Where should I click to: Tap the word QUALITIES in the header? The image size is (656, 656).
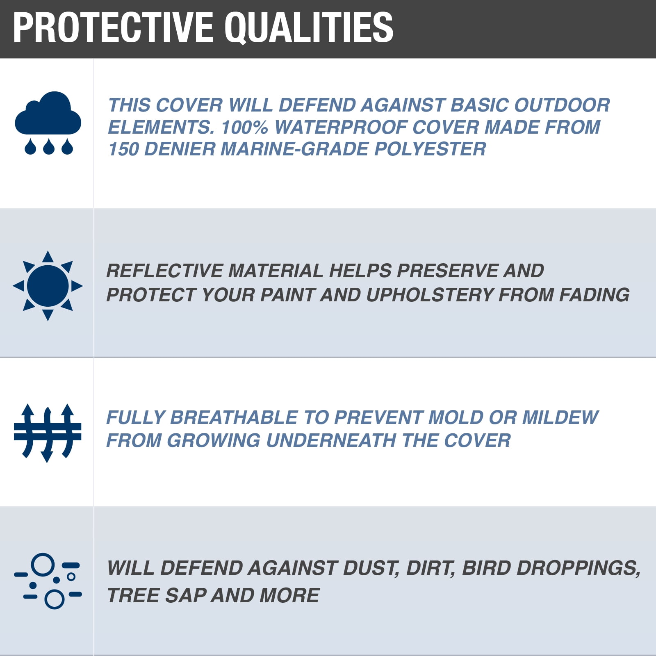tap(309, 28)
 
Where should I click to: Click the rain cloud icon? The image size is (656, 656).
tap(48, 123)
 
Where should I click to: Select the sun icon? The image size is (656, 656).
tap(48, 285)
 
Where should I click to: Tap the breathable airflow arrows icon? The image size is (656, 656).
tap(48, 433)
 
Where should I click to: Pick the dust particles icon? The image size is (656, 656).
tap(48, 581)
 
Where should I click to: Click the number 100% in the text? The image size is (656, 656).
tap(244, 127)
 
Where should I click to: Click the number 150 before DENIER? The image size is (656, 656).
tap(123, 149)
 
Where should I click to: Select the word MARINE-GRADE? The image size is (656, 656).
tap(294, 149)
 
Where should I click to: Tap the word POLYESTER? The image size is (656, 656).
tap(430, 149)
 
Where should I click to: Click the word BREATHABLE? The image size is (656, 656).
tap(233, 417)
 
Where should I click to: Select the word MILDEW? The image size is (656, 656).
tap(560, 417)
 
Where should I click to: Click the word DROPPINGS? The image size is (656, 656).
tap(578, 568)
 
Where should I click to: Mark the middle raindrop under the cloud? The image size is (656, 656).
tap(48, 147)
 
